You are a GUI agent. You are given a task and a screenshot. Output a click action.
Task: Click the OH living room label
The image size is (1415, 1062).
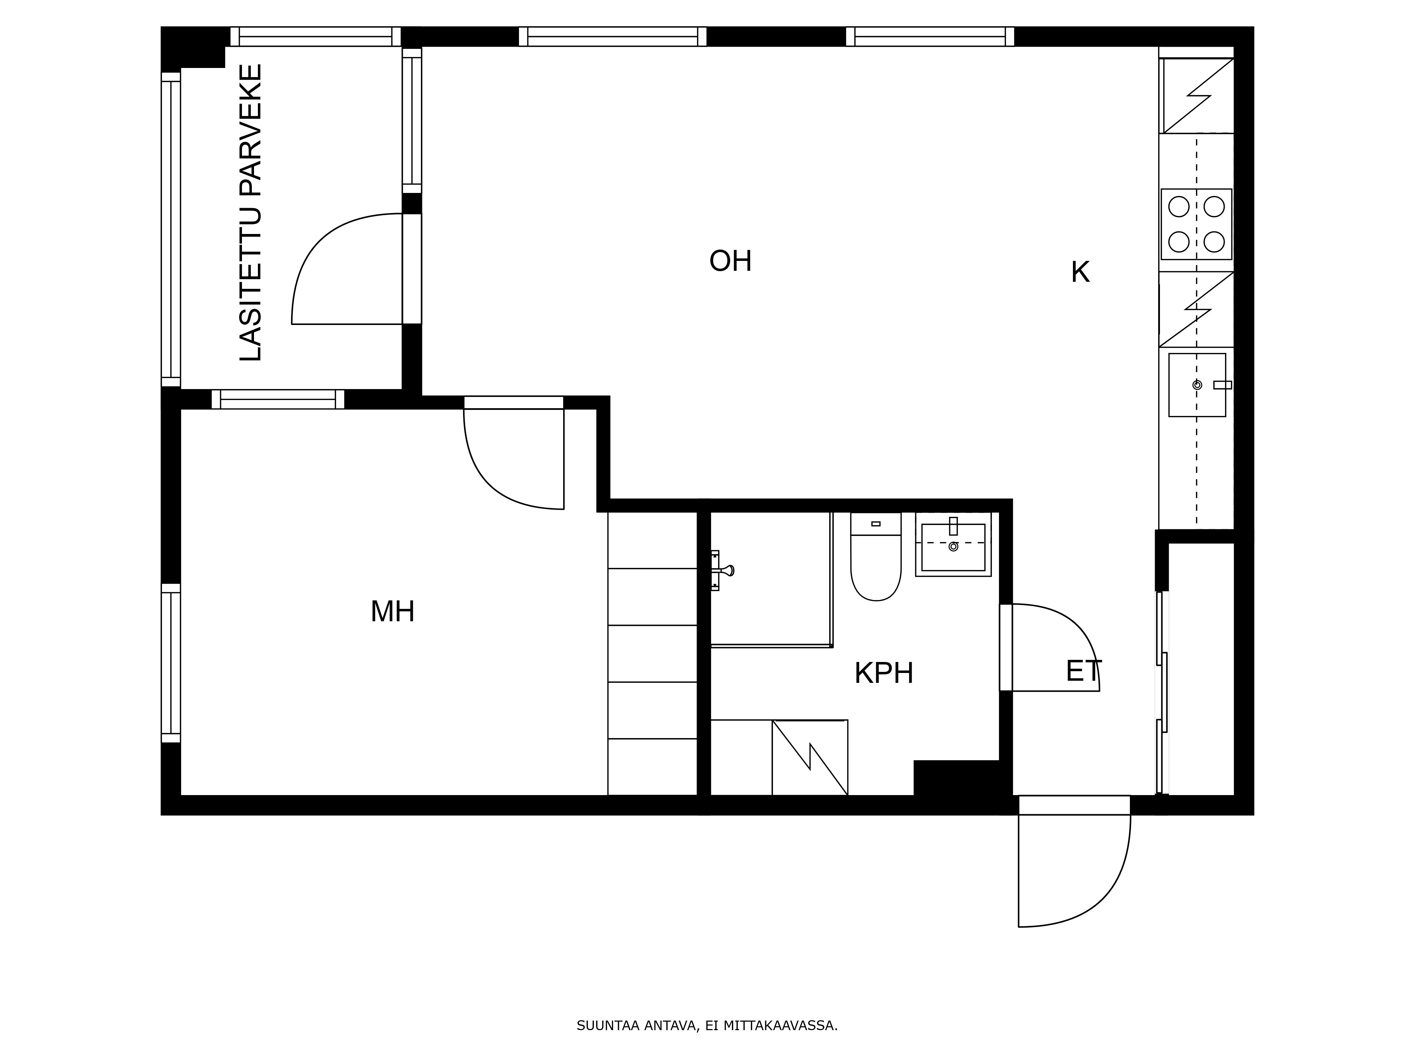pos(730,261)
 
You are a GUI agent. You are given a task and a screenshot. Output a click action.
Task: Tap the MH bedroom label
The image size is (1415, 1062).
pos(393,611)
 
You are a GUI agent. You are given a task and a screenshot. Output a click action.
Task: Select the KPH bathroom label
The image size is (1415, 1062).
pos(884,673)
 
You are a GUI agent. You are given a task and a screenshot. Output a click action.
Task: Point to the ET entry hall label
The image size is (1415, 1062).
pos(1084,671)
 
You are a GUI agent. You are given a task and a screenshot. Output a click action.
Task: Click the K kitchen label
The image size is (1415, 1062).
pos(1080,273)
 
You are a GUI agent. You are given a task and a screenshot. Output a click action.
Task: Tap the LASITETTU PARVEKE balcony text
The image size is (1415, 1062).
pos(251,212)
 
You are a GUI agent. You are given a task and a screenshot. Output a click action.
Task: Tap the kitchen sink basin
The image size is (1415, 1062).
pos(1197,385)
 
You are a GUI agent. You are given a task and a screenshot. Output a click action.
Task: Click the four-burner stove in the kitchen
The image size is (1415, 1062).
pos(1196,224)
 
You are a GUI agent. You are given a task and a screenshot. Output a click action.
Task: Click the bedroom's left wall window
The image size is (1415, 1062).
pos(171,663)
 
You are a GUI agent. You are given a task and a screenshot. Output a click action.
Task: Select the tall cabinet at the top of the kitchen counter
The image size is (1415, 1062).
pos(1196,95)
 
